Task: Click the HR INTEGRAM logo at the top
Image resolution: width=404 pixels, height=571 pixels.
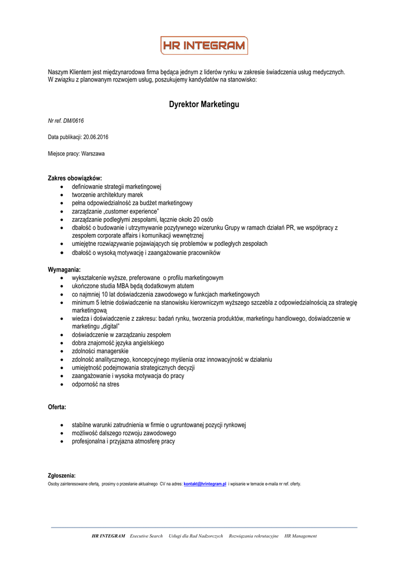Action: pyautogui.click(x=204, y=46)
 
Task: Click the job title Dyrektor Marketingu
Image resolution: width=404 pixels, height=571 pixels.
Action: pyautogui.click(x=204, y=104)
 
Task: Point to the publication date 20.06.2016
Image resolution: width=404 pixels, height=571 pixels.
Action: pyautogui.click(x=95, y=137)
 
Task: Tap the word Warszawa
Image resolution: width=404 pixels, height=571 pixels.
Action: pyautogui.click(x=94, y=153)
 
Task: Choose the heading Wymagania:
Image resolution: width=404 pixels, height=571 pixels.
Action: pyautogui.click(x=64, y=270)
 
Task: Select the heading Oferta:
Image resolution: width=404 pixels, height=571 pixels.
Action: pyautogui.click(x=57, y=408)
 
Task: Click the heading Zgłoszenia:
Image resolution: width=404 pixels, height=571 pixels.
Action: pyautogui.click(x=61, y=476)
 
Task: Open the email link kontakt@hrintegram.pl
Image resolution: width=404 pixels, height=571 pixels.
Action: pyautogui.click(x=205, y=484)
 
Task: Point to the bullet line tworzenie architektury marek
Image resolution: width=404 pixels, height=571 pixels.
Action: pyautogui.click(x=108, y=195)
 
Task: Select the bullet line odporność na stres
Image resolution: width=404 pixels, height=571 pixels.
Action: pyautogui.click(x=95, y=384)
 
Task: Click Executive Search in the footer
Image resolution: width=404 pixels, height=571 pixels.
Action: pyautogui.click(x=146, y=536)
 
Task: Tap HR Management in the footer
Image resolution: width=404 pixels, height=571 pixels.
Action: pyautogui.click(x=300, y=536)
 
